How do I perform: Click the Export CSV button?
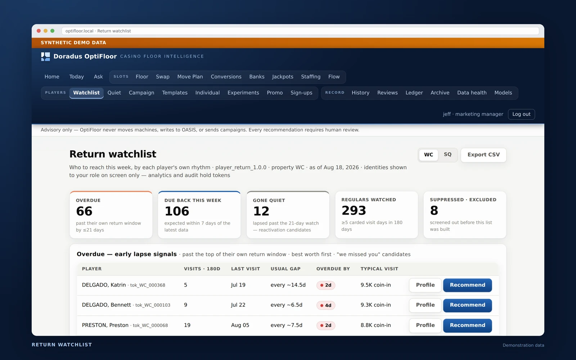click(483, 155)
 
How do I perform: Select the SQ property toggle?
click(447, 154)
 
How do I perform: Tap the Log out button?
click(521, 114)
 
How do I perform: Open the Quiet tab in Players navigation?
click(114, 93)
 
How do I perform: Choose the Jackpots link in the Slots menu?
click(283, 77)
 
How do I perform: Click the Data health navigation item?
click(472, 93)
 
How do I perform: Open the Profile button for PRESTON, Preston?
click(425, 325)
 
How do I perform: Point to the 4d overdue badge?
click(325, 305)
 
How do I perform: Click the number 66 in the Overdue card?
click(84, 211)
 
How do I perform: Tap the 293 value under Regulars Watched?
click(354, 210)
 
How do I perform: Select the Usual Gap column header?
click(285, 269)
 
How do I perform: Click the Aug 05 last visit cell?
click(240, 325)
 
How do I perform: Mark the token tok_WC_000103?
click(153, 305)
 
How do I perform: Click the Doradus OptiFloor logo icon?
click(45, 57)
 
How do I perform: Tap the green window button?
click(53, 31)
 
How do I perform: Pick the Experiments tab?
click(243, 93)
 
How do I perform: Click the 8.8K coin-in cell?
click(375, 325)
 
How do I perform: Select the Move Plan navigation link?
click(190, 77)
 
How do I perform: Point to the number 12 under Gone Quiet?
click(261, 211)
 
